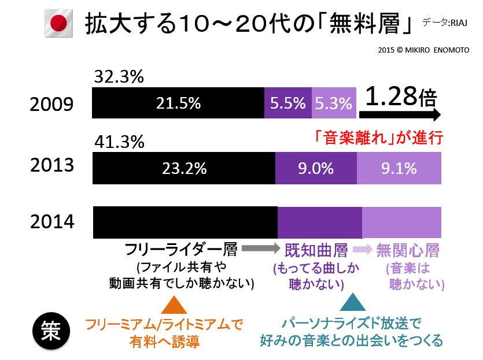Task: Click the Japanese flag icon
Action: (x=58, y=24)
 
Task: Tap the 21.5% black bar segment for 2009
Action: (x=178, y=103)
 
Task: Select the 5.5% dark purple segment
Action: (x=287, y=103)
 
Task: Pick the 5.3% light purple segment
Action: (x=333, y=103)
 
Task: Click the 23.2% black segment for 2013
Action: (x=184, y=168)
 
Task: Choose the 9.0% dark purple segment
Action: (x=315, y=168)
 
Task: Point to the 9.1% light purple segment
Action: (x=399, y=168)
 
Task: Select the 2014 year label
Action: (x=53, y=222)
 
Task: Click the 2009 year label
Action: (x=53, y=104)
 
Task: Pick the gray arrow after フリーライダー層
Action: (x=260, y=249)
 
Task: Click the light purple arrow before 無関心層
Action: (x=362, y=250)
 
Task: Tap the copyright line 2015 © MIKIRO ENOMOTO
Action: (x=423, y=50)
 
